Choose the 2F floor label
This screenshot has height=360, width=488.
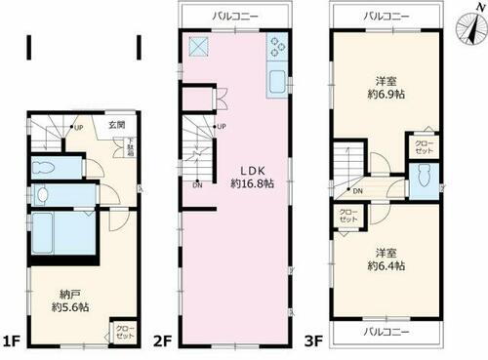pyautogui.click(x=165, y=340)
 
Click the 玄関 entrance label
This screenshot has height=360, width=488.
pyautogui.click(x=116, y=125)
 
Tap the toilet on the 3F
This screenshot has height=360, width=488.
pyautogui.click(x=425, y=179)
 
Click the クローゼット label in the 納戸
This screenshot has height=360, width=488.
pyautogui.click(x=125, y=330)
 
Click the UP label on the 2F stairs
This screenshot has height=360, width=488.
pyautogui.click(x=221, y=127)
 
